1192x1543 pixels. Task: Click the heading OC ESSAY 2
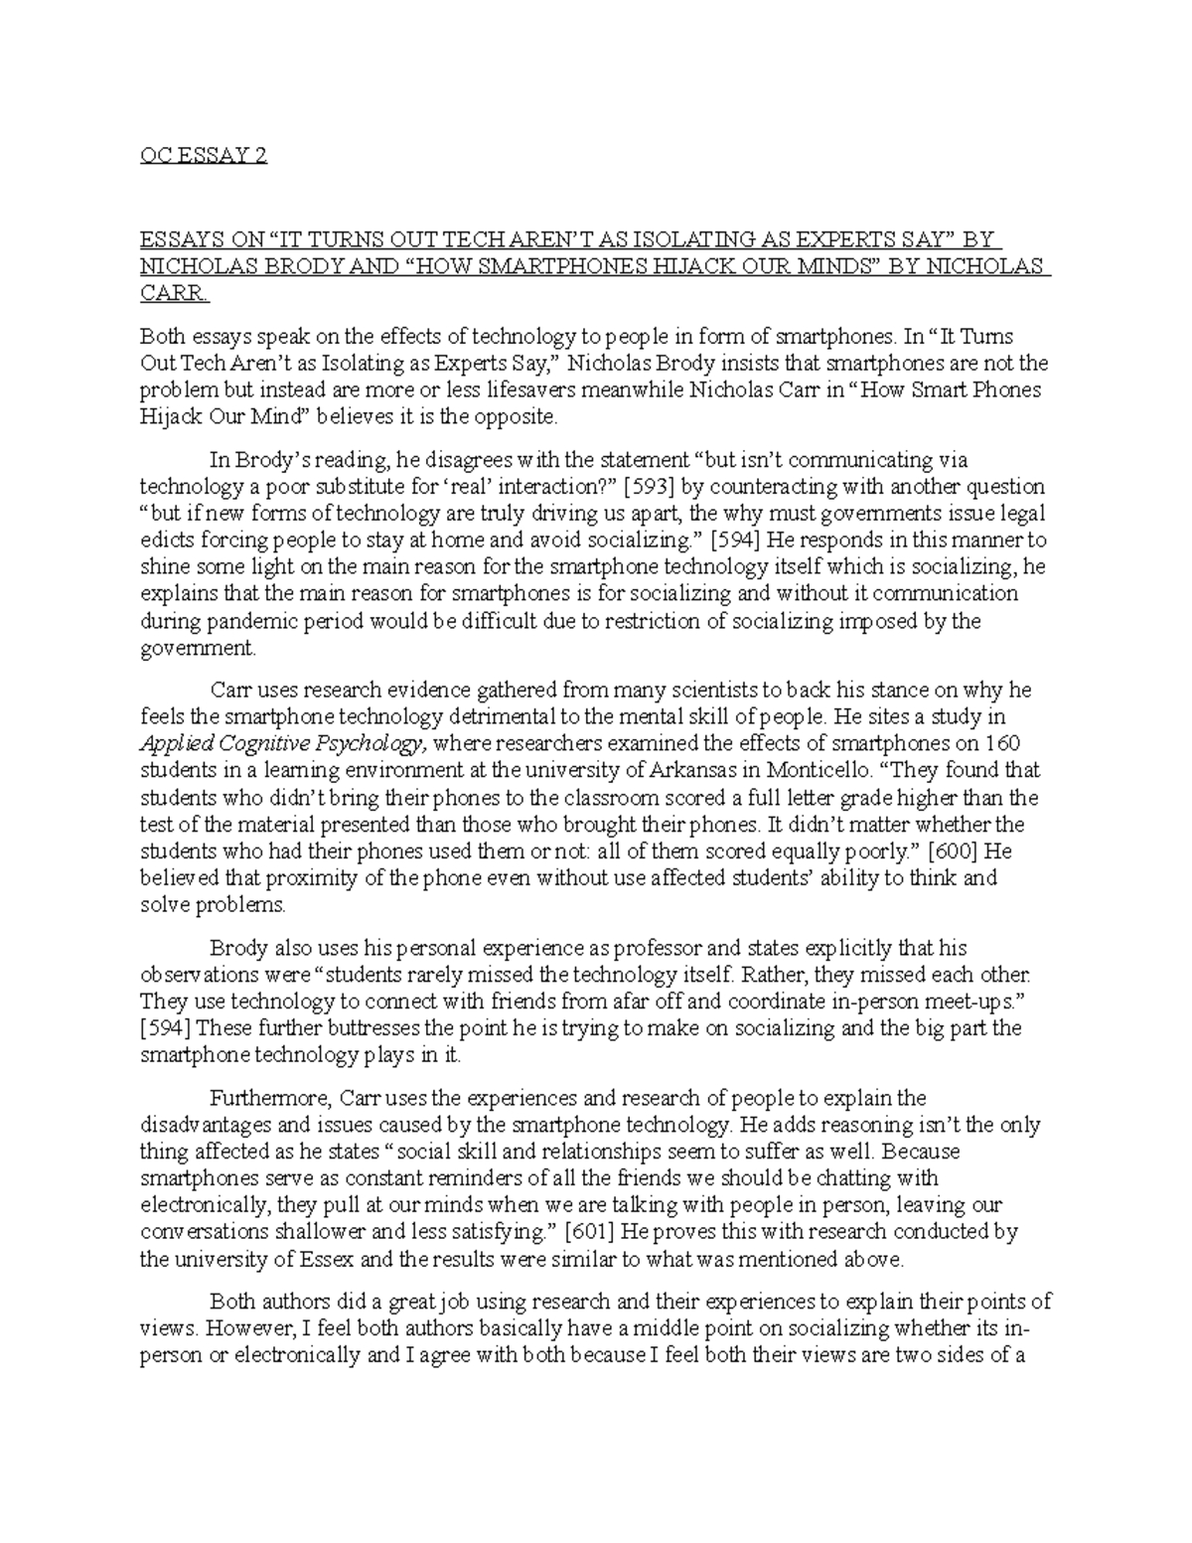pyautogui.click(x=204, y=157)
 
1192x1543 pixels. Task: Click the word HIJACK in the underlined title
pyautogui.click(x=701, y=267)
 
